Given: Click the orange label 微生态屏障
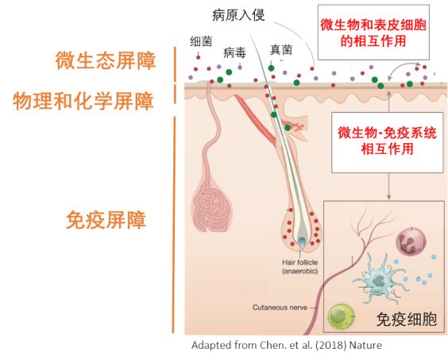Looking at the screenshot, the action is point(106,60).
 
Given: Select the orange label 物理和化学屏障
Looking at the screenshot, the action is point(83,101).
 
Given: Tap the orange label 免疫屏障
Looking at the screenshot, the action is point(106,219).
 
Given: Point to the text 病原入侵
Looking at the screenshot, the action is point(238,15).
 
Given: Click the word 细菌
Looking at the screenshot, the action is point(201,41).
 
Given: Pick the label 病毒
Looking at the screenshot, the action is point(234,52).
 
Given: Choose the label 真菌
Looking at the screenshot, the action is point(281,50).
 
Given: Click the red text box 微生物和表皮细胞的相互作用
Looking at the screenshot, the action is point(373,33).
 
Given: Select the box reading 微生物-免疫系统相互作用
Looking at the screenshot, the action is point(387,142).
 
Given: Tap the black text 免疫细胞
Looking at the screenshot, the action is point(406,319).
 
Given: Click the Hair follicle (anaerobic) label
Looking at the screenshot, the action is point(299,266).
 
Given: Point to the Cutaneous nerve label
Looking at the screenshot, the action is point(280,308).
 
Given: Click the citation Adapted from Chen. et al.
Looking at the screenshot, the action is point(287,345).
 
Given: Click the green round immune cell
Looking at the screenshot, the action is point(341,316).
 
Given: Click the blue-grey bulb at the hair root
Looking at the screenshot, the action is point(302,242).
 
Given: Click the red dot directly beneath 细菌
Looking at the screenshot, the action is point(198,57).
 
